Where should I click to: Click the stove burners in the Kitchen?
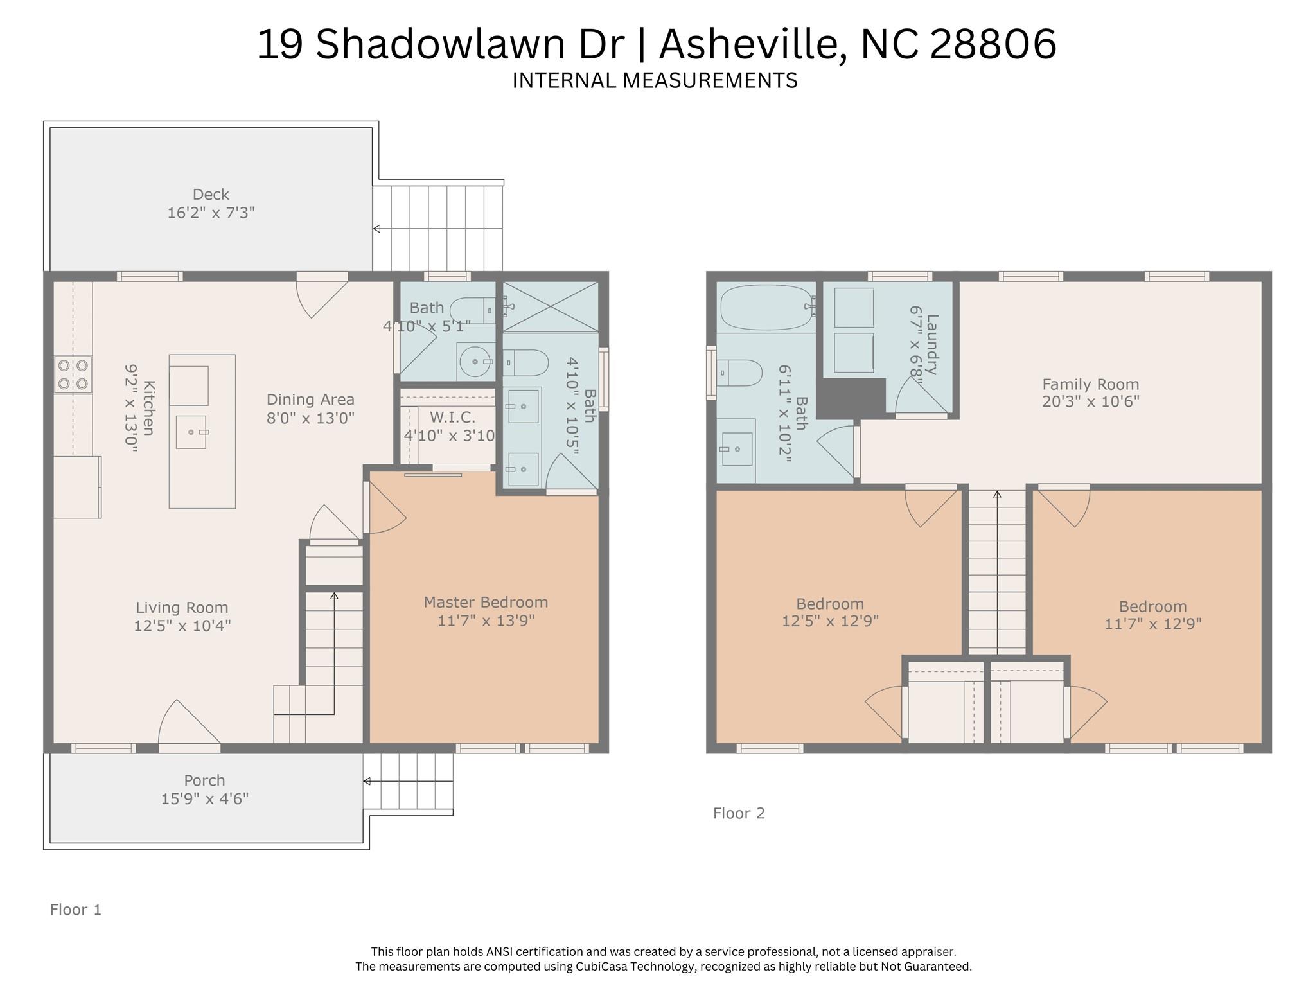(73, 374)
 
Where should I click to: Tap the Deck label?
(211, 194)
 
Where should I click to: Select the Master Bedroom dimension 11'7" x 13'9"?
(486, 621)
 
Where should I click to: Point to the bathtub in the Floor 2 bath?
(766, 308)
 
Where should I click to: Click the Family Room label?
(1090, 384)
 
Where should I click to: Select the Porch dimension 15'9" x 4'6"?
(204, 798)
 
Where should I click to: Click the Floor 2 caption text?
(739, 813)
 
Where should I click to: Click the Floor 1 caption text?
(76, 910)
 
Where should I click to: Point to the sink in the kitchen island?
(191, 432)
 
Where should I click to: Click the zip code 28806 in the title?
(993, 44)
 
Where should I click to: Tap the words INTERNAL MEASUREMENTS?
(655, 80)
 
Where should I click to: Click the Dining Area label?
(310, 400)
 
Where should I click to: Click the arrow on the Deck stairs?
(376, 229)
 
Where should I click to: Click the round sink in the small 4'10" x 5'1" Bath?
(475, 362)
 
